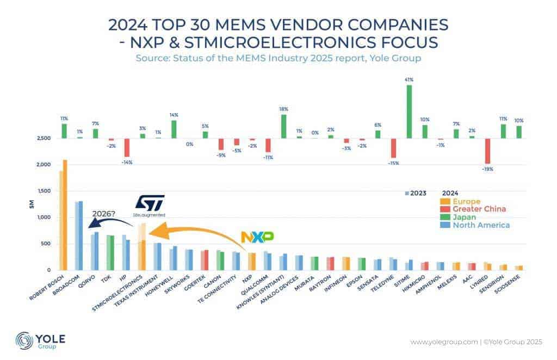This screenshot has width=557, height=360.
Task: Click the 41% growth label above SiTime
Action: (x=409, y=80)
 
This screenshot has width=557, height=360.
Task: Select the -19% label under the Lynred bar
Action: (x=488, y=169)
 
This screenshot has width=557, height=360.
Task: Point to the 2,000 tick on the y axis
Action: (x=44, y=165)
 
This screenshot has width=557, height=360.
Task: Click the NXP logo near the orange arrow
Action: (x=257, y=237)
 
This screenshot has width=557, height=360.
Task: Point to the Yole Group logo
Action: (x=41, y=340)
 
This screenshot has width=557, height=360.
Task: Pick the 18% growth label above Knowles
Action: (x=283, y=109)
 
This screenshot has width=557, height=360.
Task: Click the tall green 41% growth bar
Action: (x=409, y=111)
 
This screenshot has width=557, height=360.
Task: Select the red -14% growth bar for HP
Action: (x=127, y=147)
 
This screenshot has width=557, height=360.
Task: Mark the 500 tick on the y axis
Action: (x=46, y=244)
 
